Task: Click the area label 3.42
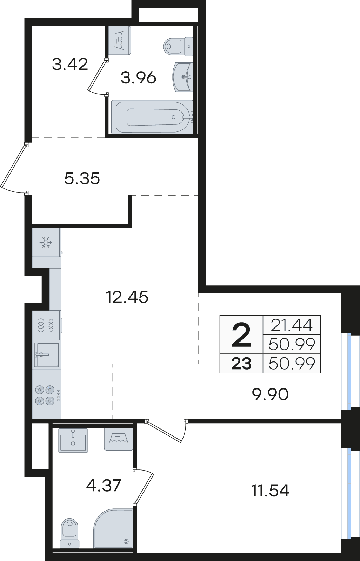pos(70,64)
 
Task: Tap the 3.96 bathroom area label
pos(138,78)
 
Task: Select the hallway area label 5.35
pos(82,178)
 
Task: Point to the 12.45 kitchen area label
pos(127,297)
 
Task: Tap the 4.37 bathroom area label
pos(104,485)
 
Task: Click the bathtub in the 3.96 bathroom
pos(152,117)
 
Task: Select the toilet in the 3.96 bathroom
pos(178,46)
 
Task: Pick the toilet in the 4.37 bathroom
pos(69,533)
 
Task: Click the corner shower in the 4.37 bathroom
pos(113,528)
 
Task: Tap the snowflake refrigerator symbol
pos(46,242)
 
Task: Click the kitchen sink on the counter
pos(47,354)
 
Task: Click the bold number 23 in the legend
pos(241,363)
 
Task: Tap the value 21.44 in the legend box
pos(292,325)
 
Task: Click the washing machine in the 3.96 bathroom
pos(120,41)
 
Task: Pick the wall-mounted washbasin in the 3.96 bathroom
pos(183,77)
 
